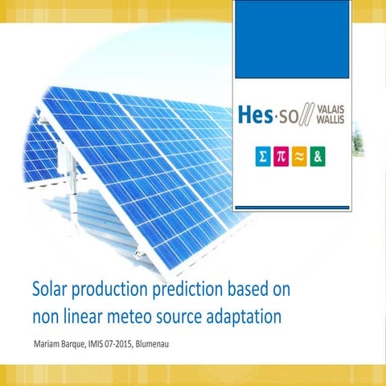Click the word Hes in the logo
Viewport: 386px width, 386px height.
pyautogui.click(x=257, y=116)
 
